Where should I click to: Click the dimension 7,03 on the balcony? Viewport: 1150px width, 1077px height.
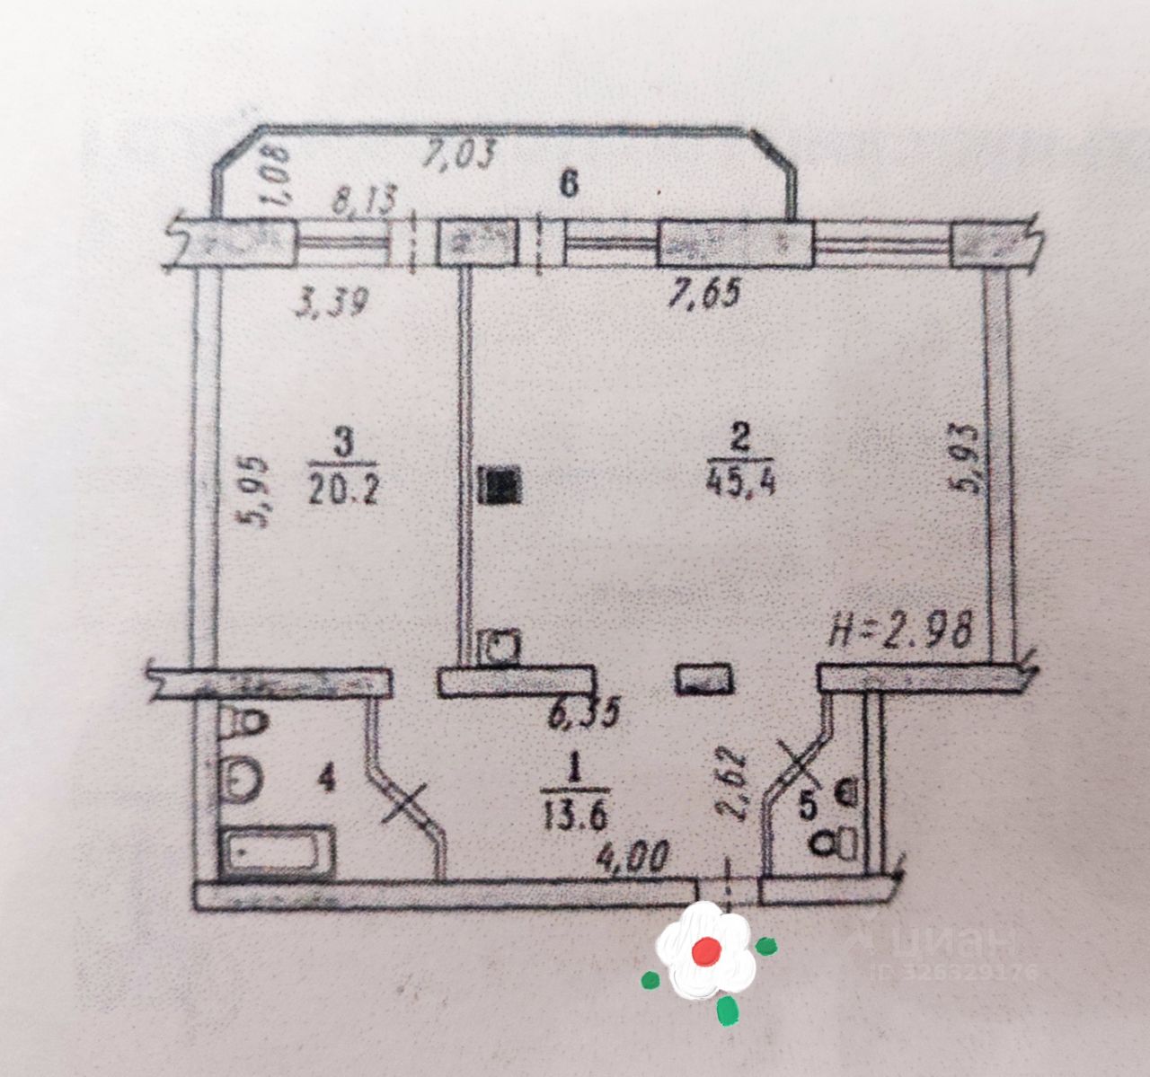459,154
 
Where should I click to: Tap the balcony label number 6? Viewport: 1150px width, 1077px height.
567,185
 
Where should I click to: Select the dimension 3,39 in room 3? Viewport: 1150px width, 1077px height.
332,303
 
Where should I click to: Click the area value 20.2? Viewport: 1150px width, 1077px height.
344,490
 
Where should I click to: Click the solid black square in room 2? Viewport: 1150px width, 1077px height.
500,488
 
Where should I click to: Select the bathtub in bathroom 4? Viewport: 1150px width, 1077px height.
279,850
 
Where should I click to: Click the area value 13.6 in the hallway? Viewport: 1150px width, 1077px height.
576,817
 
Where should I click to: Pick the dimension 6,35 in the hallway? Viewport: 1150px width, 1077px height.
584,715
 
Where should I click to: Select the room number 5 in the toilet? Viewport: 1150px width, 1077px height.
809,806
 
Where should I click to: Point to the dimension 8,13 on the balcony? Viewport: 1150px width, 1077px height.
363,200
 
